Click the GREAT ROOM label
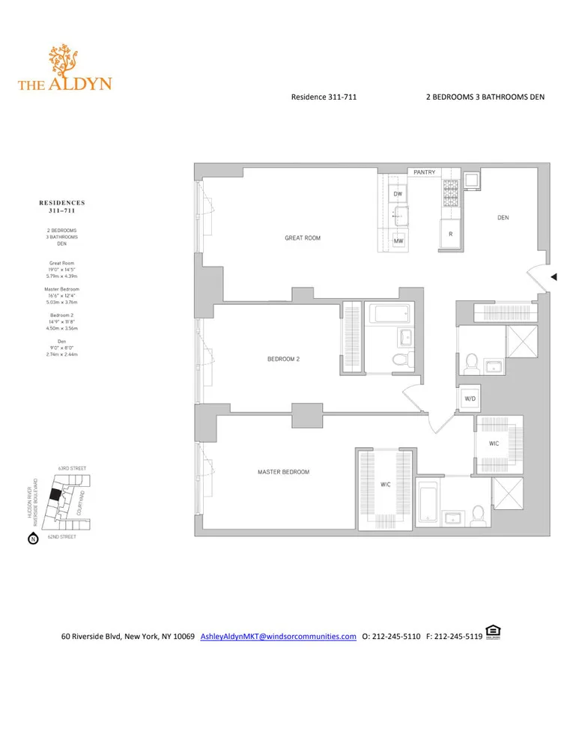pyautogui.click(x=303, y=238)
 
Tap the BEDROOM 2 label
pyautogui.click(x=283, y=359)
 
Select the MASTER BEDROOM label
pyautogui.click(x=283, y=472)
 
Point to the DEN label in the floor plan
pyautogui.click(x=503, y=218)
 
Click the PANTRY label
pyautogui.click(x=425, y=173)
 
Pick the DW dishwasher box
pyautogui.click(x=398, y=194)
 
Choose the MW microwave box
pyautogui.click(x=398, y=241)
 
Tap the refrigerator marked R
pyautogui.click(x=449, y=234)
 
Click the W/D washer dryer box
pyautogui.click(x=470, y=399)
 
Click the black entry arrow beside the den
pyautogui.click(x=554, y=277)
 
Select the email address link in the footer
pyautogui.click(x=278, y=637)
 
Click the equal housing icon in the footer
pyautogui.click(x=492, y=633)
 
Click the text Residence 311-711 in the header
pyautogui.click(x=318, y=97)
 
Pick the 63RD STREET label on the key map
pyautogui.click(x=72, y=468)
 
